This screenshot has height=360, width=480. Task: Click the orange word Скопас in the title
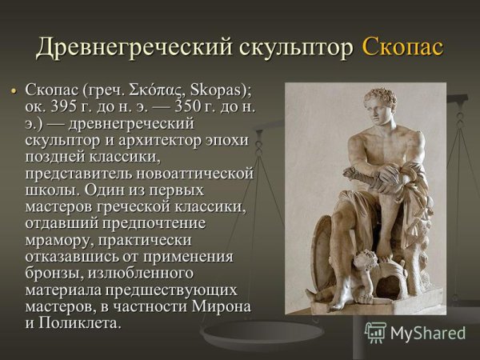402,47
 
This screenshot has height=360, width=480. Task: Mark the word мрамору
58,244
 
